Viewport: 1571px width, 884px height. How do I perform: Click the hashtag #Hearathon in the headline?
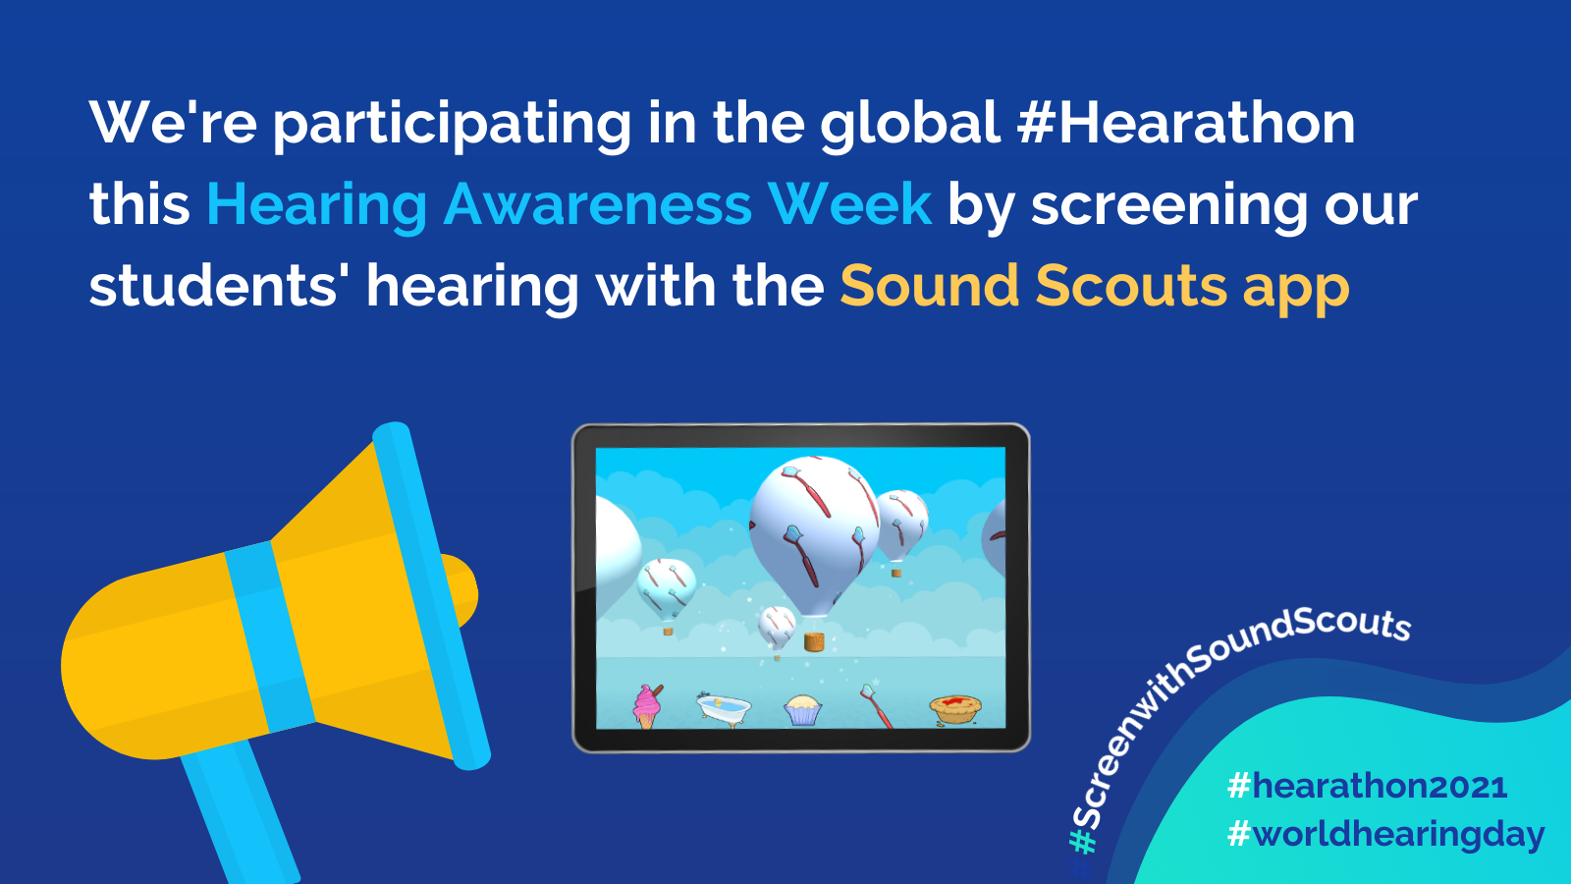1185,123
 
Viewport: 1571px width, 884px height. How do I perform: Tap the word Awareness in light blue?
598,204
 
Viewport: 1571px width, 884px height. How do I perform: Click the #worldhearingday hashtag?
1386,835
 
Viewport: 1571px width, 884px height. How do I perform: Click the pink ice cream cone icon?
647,707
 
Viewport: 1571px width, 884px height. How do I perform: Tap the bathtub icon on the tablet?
724,708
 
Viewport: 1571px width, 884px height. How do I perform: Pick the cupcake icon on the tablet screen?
802,710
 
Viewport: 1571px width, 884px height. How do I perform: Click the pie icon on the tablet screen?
955,709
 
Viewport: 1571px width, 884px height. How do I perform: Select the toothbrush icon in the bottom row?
877,706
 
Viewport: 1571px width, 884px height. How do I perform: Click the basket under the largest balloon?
813,641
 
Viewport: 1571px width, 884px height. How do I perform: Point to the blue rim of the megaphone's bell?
431,595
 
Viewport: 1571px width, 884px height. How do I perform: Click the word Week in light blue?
850,204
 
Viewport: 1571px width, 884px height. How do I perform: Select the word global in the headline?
910,124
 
